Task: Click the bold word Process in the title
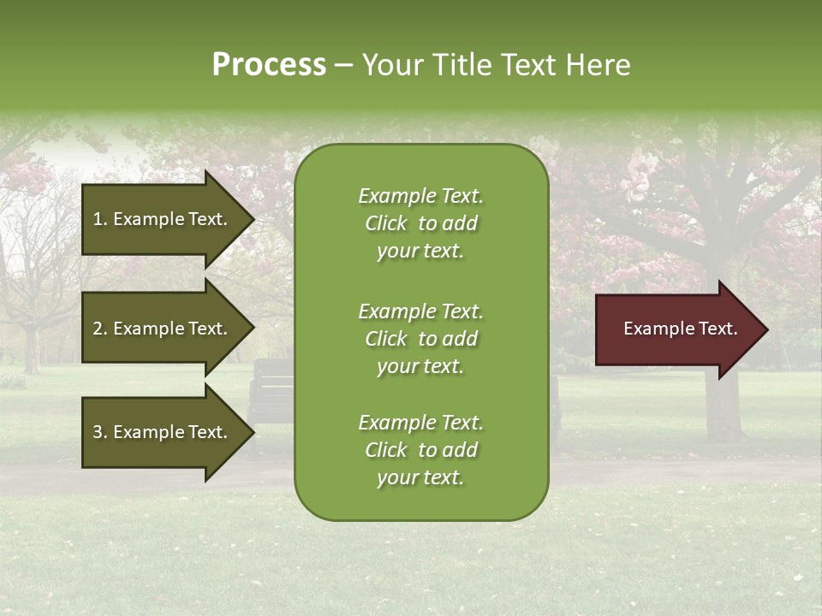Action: pos(269,65)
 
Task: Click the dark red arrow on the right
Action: pos(676,329)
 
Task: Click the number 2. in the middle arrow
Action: pos(99,329)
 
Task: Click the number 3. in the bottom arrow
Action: pos(99,432)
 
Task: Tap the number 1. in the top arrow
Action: pos(99,219)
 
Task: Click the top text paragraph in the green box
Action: pos(420,223)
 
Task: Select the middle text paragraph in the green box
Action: pos(420,339)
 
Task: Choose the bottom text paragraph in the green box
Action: pos(420,450)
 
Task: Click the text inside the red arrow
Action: pos(680,329)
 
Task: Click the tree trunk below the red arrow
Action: pos(722,406)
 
